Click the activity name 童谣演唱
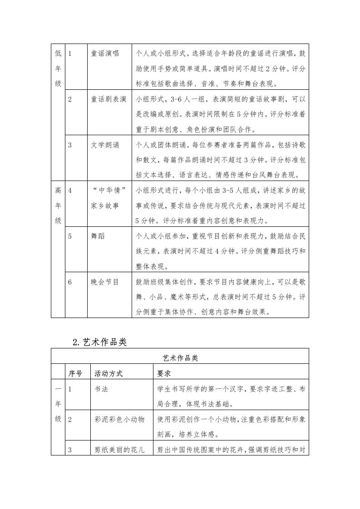tap(105, 54)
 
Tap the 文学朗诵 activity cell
tap(105, 145)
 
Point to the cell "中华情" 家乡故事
tap(108, 198)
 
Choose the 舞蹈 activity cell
tap(98, 236)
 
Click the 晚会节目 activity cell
tap(105, 282)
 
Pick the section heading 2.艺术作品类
tap(99, 343)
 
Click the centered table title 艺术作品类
tap(180, 357)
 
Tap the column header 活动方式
tap(108, 373)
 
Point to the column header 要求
tap(164, 373)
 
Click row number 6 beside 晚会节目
tap(70, 282)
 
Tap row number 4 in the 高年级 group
tap(70, 191)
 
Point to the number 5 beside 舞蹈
tap(70, 236)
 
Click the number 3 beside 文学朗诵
tap(70, 145)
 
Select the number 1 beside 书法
tap(70, 389)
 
